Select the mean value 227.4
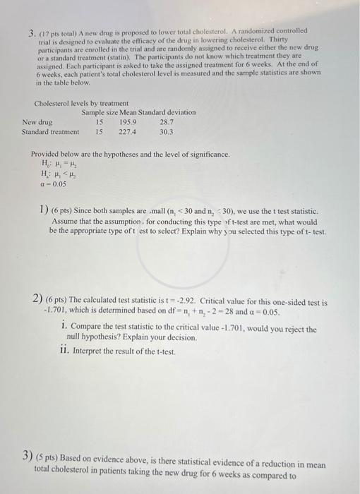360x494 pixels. (128, 131)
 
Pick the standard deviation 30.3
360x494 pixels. (167, 131)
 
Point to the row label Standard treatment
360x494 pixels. (50, 131)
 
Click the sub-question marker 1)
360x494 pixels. (43, 211)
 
